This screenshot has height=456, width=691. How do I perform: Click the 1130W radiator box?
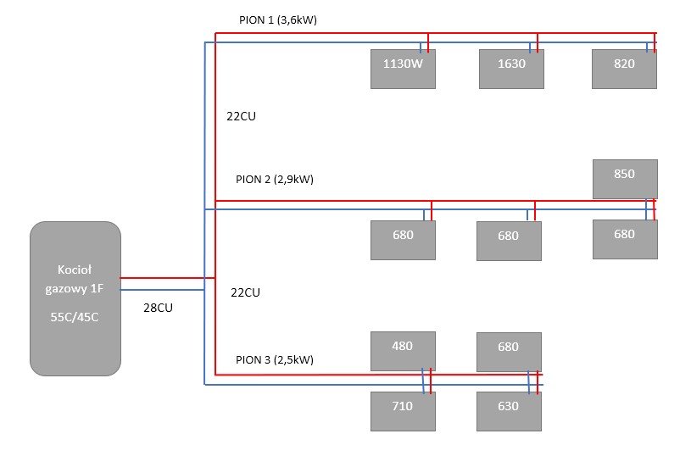[403, 69]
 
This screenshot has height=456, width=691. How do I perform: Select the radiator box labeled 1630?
[510, 69]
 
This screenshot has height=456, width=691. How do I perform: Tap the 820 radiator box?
[624, 69]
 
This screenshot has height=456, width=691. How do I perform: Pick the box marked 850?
[624, 178]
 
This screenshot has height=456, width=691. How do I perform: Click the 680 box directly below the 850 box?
[624, 239]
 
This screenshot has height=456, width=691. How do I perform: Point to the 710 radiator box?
[403, 411]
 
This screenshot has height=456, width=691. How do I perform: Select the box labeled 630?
[508, 411]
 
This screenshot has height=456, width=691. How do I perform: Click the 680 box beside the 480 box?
[508, 352]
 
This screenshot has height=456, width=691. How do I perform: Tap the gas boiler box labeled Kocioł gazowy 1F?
[75, 298]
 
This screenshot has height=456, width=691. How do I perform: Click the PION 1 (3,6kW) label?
[277, 19]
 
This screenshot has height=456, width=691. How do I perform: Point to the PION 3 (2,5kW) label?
[274, 359]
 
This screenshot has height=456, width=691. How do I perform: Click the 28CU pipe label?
[159, 309]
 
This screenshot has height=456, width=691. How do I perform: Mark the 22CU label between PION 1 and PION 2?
[242, 117]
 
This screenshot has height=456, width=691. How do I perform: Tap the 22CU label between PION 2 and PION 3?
[245, 292]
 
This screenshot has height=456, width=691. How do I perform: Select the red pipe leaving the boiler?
[161, 277]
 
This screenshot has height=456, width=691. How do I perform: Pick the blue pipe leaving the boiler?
[161, 290]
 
